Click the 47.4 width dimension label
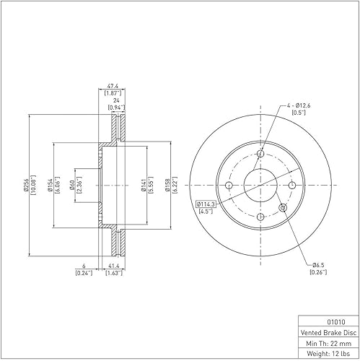click(x=113, y=86)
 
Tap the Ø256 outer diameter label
click(x=26, y=185)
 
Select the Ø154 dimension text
click(x=51, y=185)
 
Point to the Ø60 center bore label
click(x=72, y=185)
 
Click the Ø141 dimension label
click(x=144, y=185)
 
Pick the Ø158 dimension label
click(x=167, y=185)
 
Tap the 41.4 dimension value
click(x=115, y=266)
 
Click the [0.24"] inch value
click(x=84, y=273)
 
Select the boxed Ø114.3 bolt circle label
click(x=206, y=204)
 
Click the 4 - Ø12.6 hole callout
click(x=299, y=105)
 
